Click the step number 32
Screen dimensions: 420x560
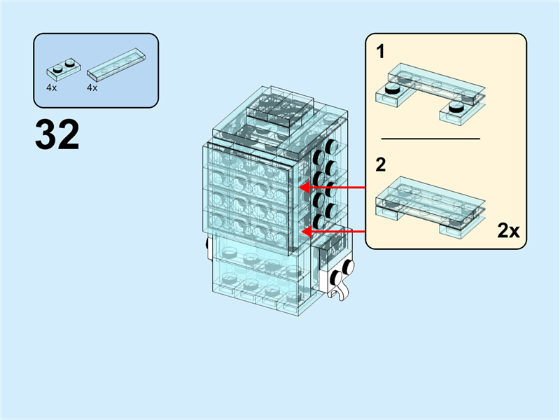click(57, 135)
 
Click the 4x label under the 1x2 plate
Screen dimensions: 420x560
click(52, 88)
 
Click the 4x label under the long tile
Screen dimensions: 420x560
click(92, 88)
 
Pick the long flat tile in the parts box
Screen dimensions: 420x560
click(117, 62)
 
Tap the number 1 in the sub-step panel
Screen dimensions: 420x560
click(381, 51)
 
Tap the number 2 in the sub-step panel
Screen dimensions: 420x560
click(381, 165)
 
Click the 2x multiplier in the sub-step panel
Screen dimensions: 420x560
click(509, 230)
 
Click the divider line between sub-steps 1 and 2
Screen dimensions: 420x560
click(430, 139)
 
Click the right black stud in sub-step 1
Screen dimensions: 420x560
click(456, 106)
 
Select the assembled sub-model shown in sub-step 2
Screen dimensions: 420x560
click(430, 204)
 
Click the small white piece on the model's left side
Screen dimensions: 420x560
click(208, 246)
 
